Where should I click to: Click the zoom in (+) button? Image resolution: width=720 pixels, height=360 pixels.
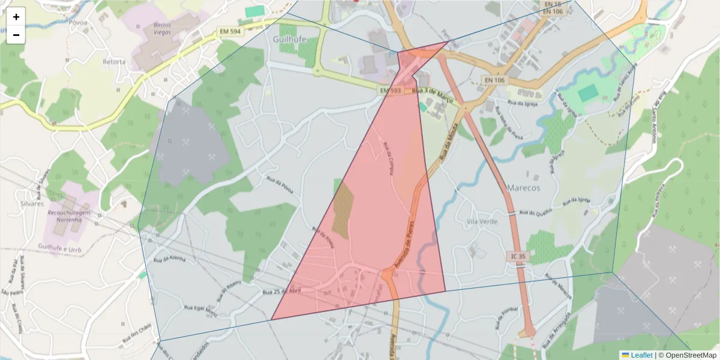[x=16, y=17]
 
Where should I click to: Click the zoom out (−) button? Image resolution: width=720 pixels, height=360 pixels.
[x=16, y=35]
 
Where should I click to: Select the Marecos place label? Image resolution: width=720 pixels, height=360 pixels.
[x=523, y=188]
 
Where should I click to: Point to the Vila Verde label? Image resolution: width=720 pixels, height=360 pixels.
[x=482, y=221]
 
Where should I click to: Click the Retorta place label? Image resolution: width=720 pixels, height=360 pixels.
[x=114, y=62]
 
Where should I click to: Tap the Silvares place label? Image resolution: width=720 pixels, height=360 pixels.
[x=32, y=203]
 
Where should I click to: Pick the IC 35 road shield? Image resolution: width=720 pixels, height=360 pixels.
[x=519, y=257]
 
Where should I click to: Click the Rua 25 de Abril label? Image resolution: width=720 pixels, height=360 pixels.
[x=281, y=291]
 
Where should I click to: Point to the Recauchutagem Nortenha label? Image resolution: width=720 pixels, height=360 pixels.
[x=69, y=216]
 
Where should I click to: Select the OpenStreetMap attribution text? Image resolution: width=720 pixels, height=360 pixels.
[x=691, y=355]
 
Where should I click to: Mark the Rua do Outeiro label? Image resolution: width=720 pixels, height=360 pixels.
[x=535, y=212]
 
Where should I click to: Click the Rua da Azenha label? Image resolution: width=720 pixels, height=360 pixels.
[x=170, y=259]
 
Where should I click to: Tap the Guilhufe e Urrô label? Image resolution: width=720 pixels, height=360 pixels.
[x=59, y=247]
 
